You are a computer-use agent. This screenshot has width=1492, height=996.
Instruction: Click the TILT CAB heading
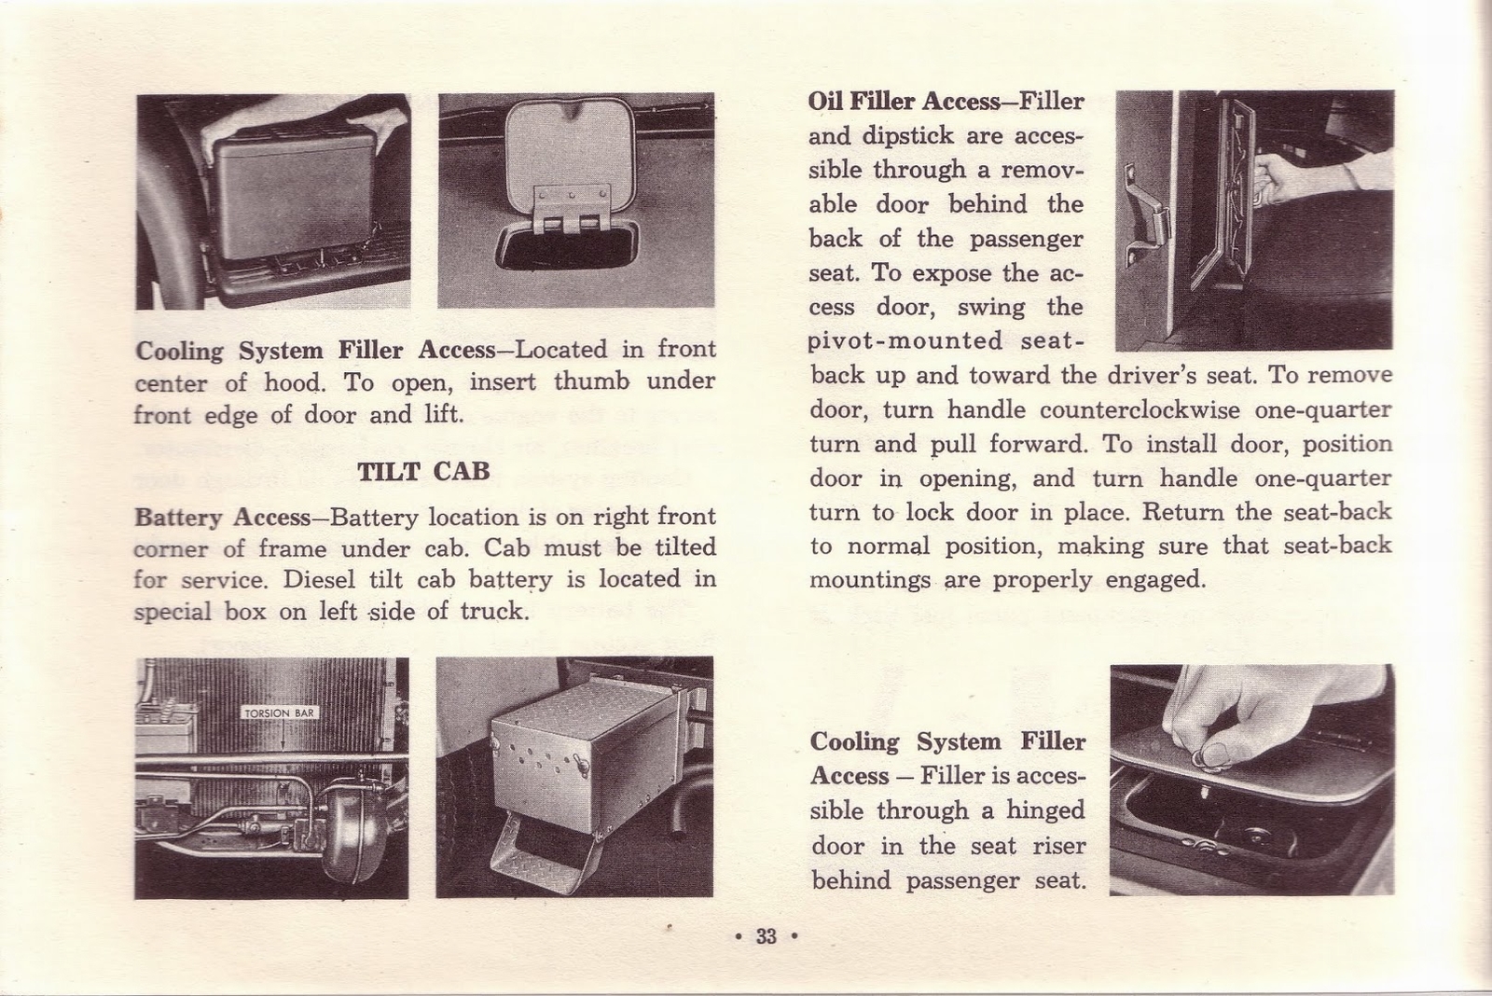pos(423,471)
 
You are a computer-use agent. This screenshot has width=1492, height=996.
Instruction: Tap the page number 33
pos(767,936)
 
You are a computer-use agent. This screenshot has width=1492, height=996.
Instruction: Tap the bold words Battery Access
pos(222,518)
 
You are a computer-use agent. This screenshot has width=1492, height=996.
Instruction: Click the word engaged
pos(1154,580)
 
